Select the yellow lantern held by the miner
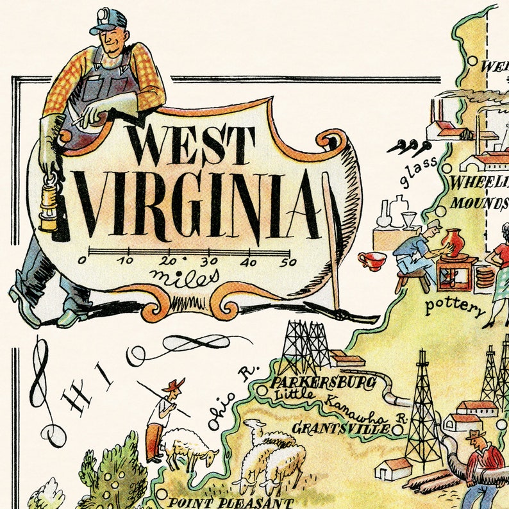[x=49, y=204]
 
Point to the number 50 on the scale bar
[x=288, y=261]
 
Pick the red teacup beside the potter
[x=373, y=260]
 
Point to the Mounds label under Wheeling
[x=480, y=203]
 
